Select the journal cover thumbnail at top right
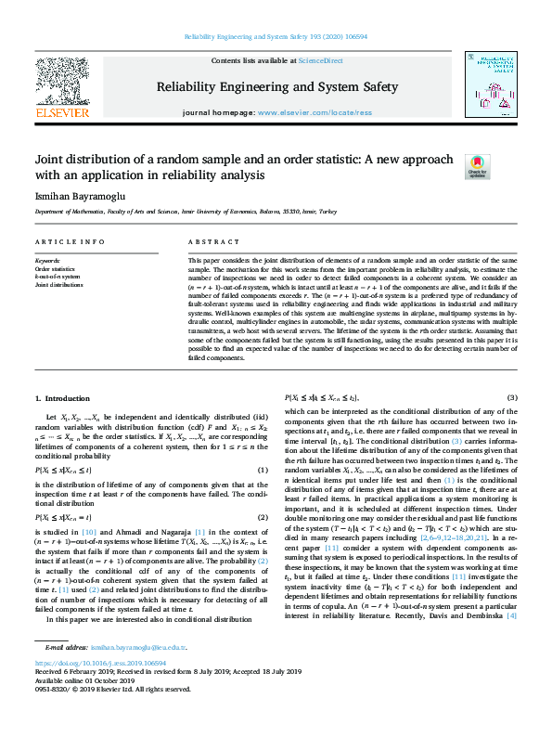tap(490, 84)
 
